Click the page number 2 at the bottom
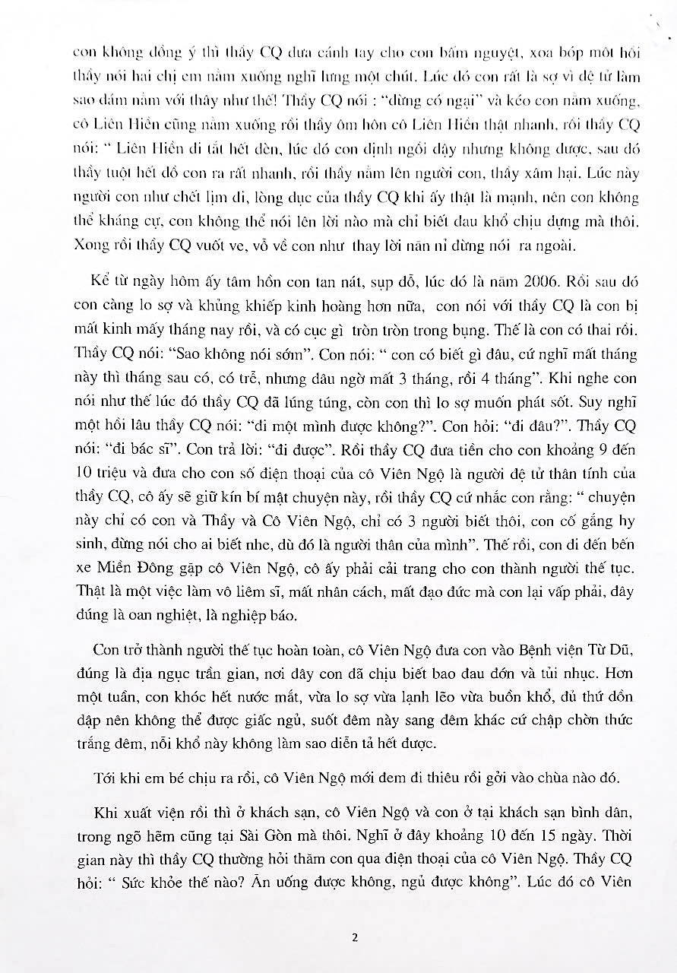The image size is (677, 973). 354,937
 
